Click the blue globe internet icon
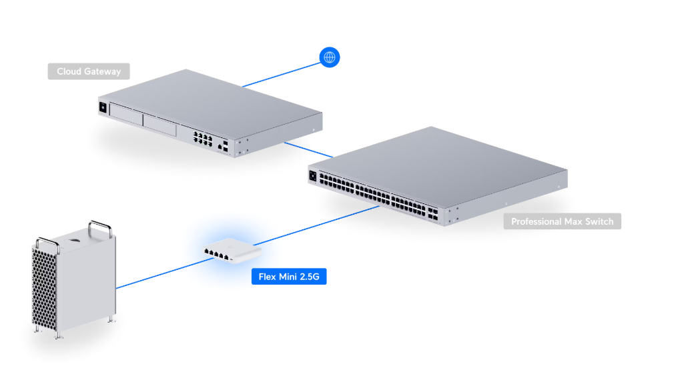coord(330,57)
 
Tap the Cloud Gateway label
coord(89,71)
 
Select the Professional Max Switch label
coord(563,221)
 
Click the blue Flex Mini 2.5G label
coord(289,277)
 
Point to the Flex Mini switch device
coord(232,251)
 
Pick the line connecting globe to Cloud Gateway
coord(282,75)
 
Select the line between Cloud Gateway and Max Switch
coord(308,150)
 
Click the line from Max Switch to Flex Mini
coord(316,225)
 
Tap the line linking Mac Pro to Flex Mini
coord(165,273)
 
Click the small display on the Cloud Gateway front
coord(103,107)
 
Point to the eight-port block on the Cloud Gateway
coord(203,138)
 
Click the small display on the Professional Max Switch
coord(312,176)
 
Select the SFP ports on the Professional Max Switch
coord(432,213)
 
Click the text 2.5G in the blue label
coord(310,277)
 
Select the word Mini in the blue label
coord(288,277)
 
